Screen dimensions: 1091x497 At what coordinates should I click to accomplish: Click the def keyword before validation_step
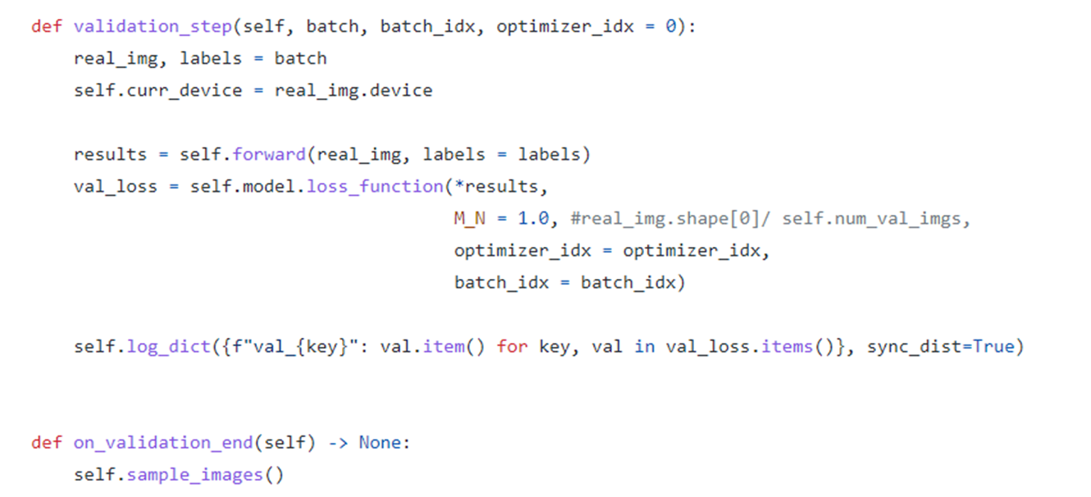point(47,26)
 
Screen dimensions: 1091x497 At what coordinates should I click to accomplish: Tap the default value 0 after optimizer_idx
point(670,26)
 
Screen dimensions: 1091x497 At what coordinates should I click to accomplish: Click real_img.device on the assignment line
point(353,90)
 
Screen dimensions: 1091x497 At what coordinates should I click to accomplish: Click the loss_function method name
point(375,186)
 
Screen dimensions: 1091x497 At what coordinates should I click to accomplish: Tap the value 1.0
point(532,219)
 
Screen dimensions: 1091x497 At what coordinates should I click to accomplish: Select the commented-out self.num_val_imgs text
point(876,219)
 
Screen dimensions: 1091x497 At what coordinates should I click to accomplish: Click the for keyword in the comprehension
point(512,347)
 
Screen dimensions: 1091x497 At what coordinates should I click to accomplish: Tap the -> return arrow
point(338,443)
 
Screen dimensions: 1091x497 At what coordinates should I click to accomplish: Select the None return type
point(380,443)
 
